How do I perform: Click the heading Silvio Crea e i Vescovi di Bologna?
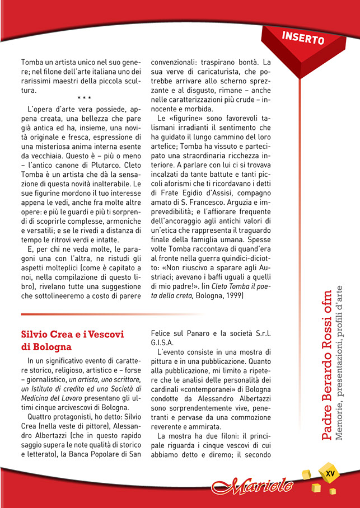[x=72, y=341]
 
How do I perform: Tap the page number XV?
[x=330, y=474]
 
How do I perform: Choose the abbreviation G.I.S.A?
[x=162, y=342]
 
